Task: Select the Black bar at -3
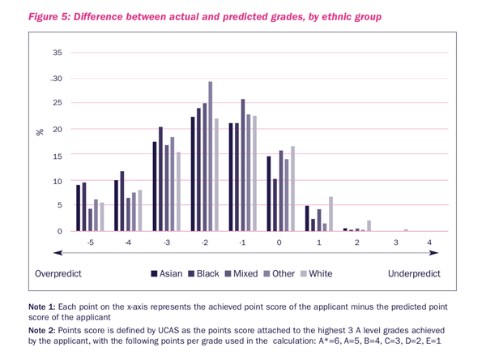[x=160, y=179]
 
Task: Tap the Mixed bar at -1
[x=242, y=165]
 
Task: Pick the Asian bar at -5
[x=79, y=208]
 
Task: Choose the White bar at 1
[x=330, y=214]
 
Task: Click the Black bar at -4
[x=122, y=202]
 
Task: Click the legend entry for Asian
[x=168, y=274]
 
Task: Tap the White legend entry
[x=318, y=274]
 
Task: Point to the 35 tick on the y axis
[x=57, y=53]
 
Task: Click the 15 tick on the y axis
[x=57, y=155]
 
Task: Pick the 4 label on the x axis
[x=429, y=242]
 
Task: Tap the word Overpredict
[x=60, y=274]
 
